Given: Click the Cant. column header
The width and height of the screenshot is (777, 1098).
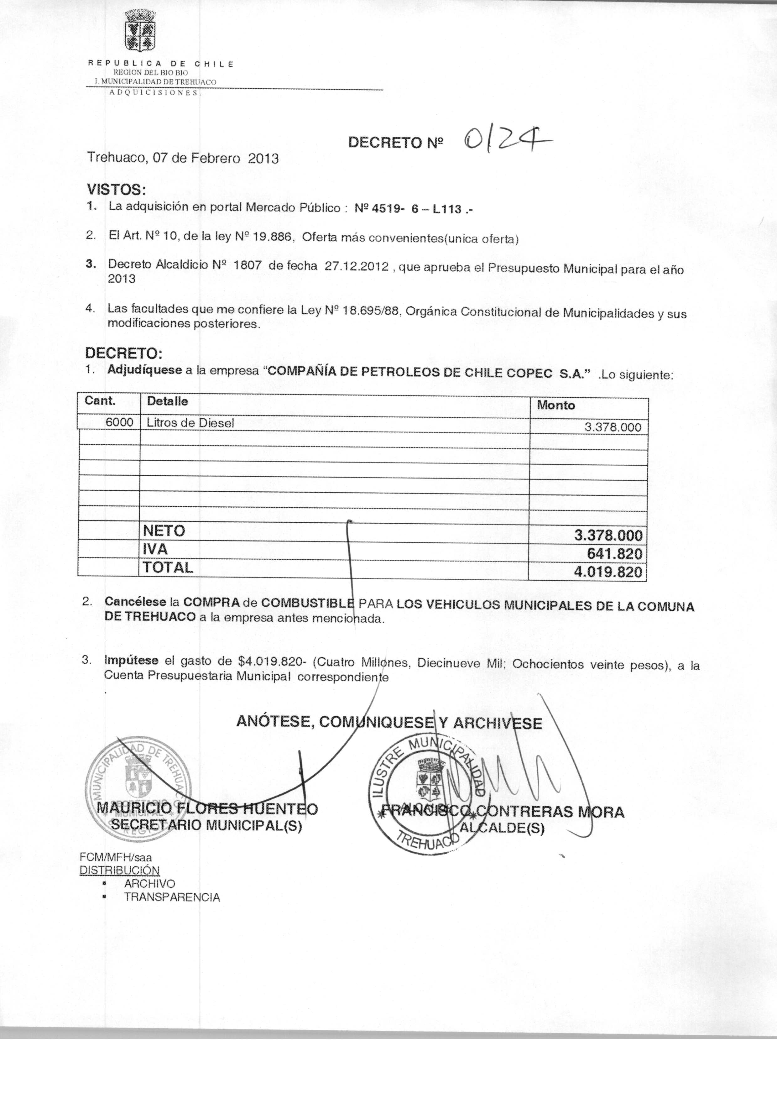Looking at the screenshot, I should click(100, 401).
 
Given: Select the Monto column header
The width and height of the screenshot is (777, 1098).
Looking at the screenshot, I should click(555, 405).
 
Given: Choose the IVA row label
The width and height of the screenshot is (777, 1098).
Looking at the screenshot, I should click(155, 549).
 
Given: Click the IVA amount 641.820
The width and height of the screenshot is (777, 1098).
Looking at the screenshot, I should click(614, 554).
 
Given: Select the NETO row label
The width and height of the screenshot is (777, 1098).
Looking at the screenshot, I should click(164, 531).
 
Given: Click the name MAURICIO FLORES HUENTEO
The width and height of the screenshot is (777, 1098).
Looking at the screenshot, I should click(207, 808).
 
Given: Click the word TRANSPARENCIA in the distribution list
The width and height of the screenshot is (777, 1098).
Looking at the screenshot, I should click(172, 897).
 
